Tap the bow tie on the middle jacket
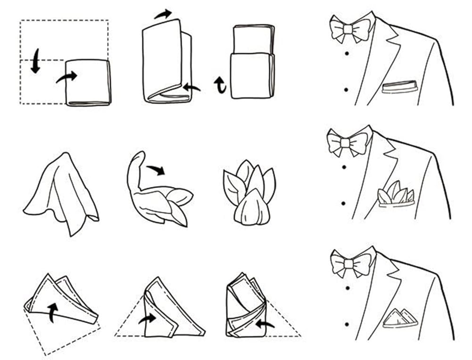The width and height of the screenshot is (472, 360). [x=347, y=142]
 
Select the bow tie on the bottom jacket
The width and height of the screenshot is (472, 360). [x=349, y=262]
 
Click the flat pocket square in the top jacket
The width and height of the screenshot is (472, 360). [x=400, y=86]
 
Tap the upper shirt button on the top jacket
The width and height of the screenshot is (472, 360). [x=347, y=53]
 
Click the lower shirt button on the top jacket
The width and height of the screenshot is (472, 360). [x=346, y=89]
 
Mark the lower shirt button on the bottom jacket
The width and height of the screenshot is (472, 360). [x=347, y=325]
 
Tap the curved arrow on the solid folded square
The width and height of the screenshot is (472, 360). [x=66, y=77]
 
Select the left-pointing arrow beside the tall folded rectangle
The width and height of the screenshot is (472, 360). [x=191, y=87]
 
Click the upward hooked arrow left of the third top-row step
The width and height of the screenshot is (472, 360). [x=220, y=85]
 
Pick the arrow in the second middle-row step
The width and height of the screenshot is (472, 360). [x=156, y=169]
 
